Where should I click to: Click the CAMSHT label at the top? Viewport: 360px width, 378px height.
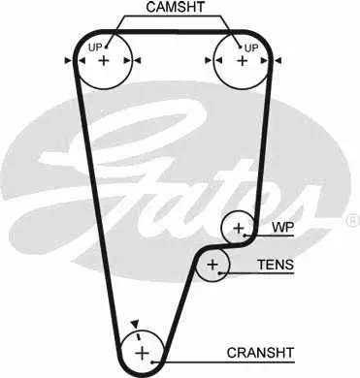[x=176, y=7]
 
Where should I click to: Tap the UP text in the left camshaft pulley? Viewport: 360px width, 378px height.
[x=95, y=47]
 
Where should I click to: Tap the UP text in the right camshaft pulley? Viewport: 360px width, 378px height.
[x=251, y=48]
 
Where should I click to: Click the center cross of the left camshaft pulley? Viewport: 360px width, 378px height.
[x=104, y=60]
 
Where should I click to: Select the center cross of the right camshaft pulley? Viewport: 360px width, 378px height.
[x=242, y=60]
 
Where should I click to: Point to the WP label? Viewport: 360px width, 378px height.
[x=282, y=228]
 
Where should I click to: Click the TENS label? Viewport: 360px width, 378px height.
[x=276, y=265]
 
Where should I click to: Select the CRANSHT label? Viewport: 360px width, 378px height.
[x=260, y=353]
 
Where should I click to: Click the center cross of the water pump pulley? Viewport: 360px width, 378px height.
[x=239, y=228]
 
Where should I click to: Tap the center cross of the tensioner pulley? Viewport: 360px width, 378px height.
[x=213, y=265]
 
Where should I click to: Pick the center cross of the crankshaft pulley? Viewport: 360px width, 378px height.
[x=142, y=353]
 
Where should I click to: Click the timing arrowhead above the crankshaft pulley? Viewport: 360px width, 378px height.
[x=135, y=324]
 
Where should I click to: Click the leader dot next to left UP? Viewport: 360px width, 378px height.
[x=106, y=47]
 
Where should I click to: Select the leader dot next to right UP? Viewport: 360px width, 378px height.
[x=240, y=47]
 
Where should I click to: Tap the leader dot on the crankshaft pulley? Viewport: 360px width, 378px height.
[x=152, y=362]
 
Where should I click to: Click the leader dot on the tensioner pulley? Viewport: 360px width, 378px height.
[x=219, y=273]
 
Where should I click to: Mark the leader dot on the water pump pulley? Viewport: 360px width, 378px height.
[x=245, y=236]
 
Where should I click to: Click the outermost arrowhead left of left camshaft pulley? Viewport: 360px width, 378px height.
[x=68, y=60]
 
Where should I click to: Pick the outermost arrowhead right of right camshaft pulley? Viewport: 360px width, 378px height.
[x=278, y=60]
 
